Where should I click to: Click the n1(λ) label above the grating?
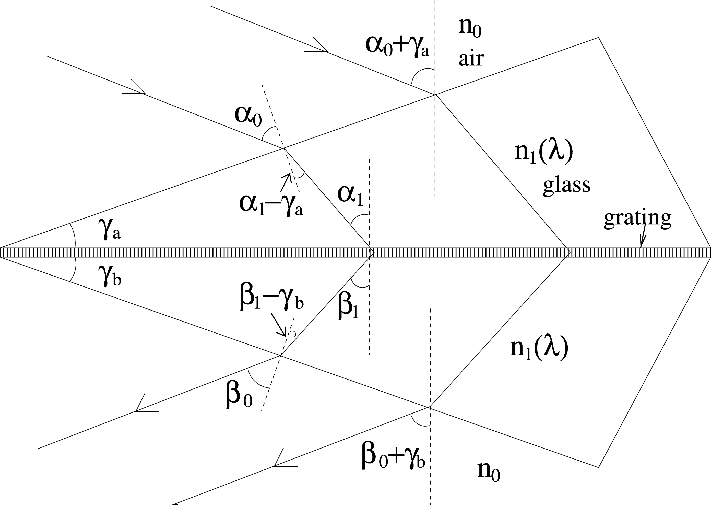[543, 153]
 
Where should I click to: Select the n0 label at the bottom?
[489, 472]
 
